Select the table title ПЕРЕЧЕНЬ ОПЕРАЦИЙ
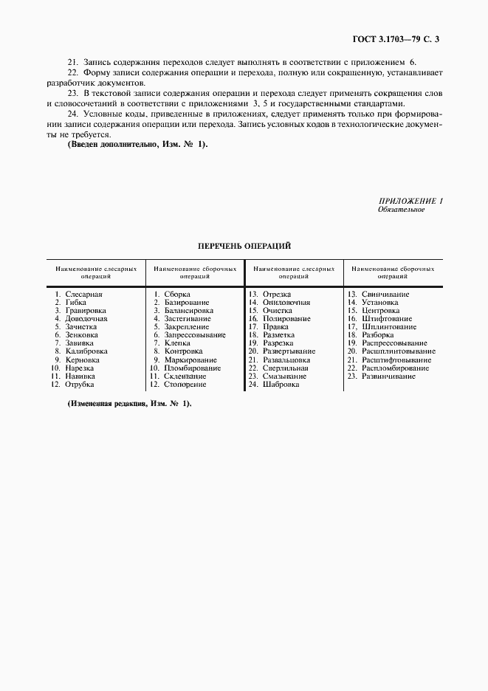pyautogui.click(x=244, y=245)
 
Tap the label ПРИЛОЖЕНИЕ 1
pyautogui.click(x=410, y=201)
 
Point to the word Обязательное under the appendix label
pyautogui.click(x=401, y=209)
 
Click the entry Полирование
pyautogui.click(x=286, y=319)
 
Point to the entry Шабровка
pyautogui.click(x=281, y=384)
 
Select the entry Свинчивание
pyautogui.click(x=385, y=295)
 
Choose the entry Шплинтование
pyautogui.click(x=389, y=327)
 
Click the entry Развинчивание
pyautogui.click(x=388, y=376)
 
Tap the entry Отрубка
pyautogui.click(x=79, y=384)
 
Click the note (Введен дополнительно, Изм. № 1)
pyautogui.click(x=138, y=144)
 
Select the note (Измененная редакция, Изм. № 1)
pyautogui.click(x=129, y=404)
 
